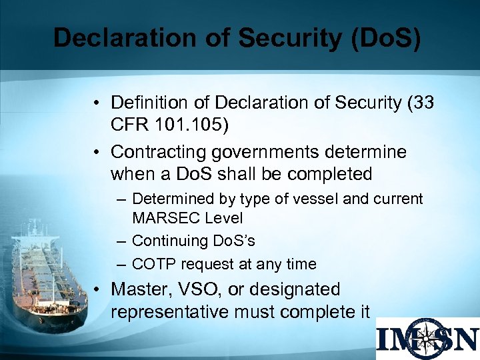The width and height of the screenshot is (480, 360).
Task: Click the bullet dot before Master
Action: click(97, 290)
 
